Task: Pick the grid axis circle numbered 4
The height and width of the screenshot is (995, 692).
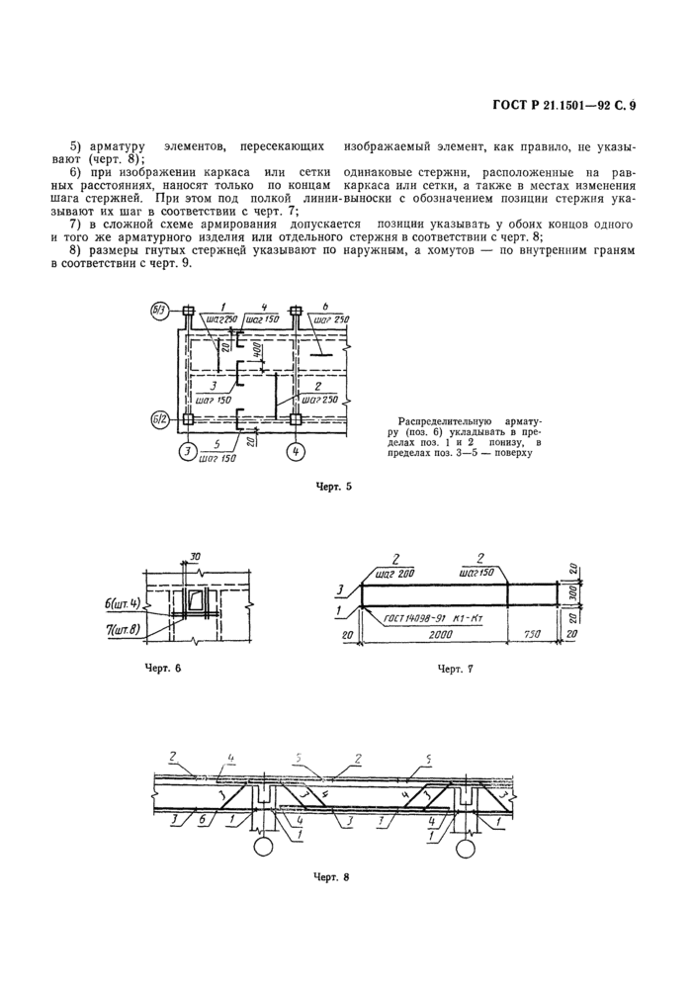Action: (x=295, y=453)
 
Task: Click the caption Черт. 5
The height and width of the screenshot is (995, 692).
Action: (x=333, y=487)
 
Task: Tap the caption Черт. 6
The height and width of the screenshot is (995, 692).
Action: (x=163, y=668)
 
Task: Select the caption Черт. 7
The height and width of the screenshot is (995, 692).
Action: (x=456, y=670)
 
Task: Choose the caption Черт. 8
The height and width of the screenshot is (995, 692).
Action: (x=333, y=876)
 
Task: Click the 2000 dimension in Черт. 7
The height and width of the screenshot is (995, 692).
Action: (x=430, y=639)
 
